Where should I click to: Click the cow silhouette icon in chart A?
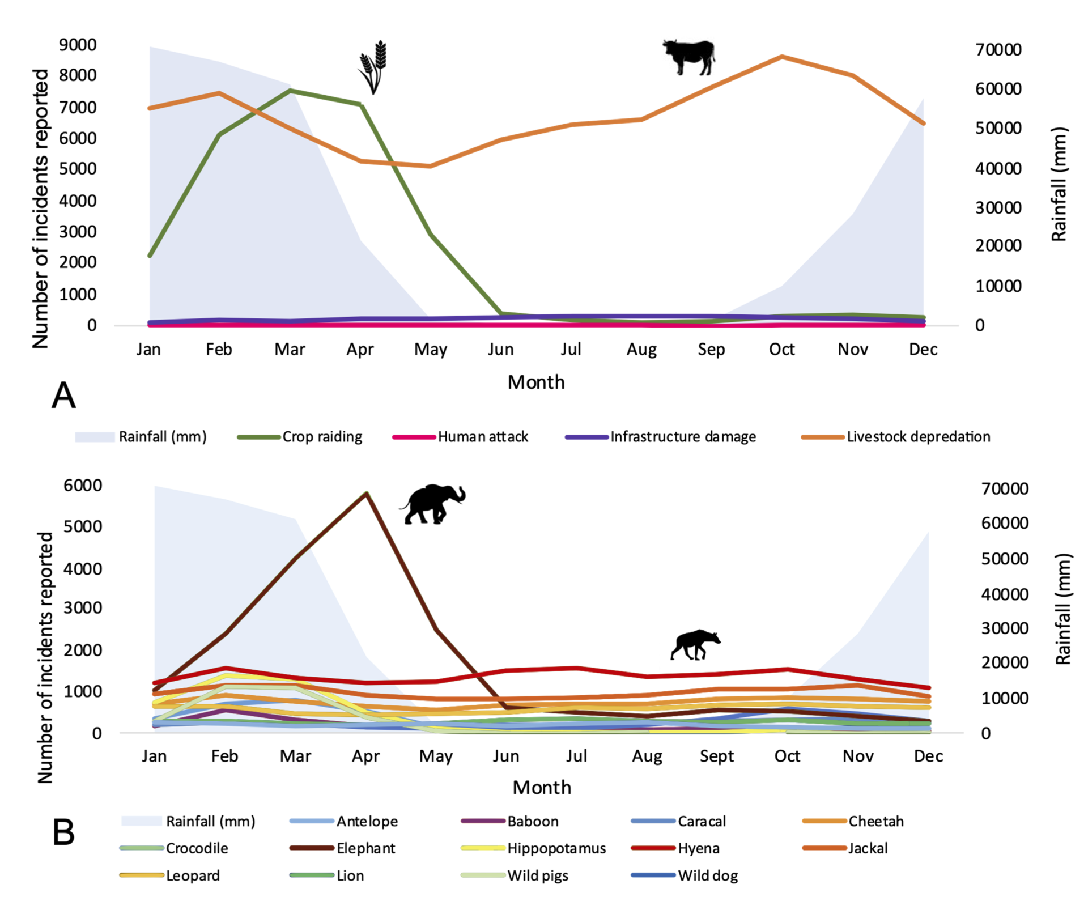(688, 57)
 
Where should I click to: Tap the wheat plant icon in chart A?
(373, 67)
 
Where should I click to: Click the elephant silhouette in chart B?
(433, 504)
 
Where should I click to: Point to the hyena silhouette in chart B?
(695, 644)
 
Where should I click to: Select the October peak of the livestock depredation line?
(782, 57)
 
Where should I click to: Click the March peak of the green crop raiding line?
(290, 90)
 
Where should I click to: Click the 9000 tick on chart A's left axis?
(78, 45)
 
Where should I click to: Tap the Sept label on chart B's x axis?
(716, 756)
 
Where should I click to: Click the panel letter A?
(63, 396)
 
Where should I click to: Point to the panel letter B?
(63, 832)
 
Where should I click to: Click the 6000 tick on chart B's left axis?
(83, 485)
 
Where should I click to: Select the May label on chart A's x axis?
(431, 350)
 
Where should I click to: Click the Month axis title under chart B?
(542, 787)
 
